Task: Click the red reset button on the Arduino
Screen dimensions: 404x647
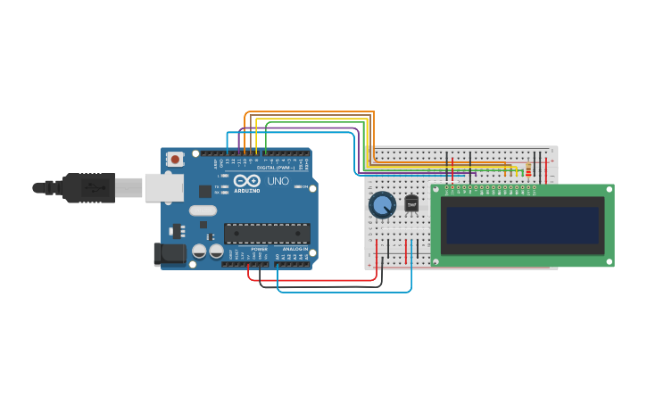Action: point(175,160)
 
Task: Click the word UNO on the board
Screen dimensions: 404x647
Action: point(278,181)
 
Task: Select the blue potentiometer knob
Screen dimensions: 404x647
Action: point(382,205)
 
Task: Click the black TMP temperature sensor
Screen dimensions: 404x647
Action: point(411,204)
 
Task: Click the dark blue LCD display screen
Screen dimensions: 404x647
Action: point(523,226)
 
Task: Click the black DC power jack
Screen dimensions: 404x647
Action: point(170,253)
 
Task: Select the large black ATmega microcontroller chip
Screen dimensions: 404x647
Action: point(267,234)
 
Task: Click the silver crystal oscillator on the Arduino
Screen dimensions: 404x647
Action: point(203,211)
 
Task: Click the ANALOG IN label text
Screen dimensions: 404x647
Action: point(294,249)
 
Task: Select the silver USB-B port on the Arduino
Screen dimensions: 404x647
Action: point(164,187)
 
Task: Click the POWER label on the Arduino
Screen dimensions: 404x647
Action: point(258,249)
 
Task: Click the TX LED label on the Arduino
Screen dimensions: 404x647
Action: point(216,186)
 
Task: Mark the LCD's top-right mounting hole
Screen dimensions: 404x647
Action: point(610,188)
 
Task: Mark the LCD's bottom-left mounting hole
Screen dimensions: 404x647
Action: point(435,262)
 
